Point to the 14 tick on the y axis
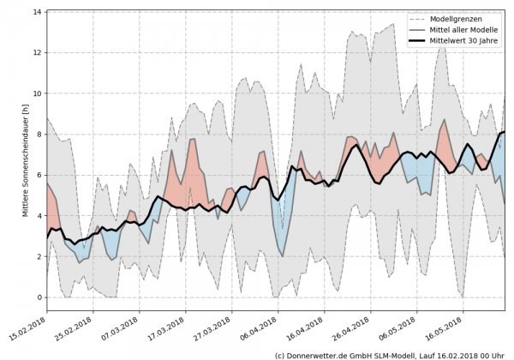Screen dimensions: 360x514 click(x=38, y=12)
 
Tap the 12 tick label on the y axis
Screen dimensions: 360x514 click(x=38, y=52)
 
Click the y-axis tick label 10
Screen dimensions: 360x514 click(x=38, y=93)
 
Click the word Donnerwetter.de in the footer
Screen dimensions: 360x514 click(x=318, y=354)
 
